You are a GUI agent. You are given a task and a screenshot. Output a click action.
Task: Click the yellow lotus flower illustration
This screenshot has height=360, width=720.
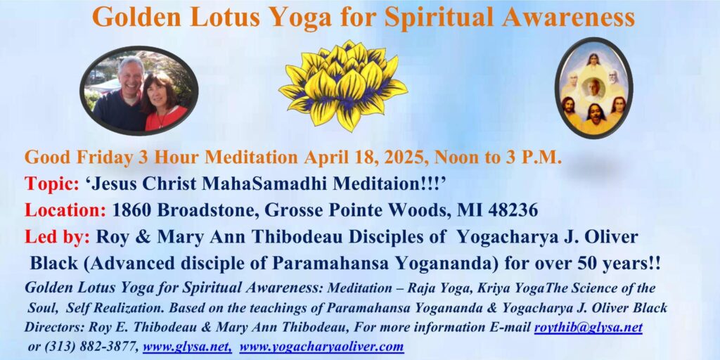pyautogui.click(x=343, y=84)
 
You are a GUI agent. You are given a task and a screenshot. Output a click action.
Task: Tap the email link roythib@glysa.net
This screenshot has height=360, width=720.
pyautogui.click(x=589, y=328)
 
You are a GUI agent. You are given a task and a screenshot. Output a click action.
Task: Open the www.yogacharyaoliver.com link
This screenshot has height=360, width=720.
pyautogui.click(x=321, y=346)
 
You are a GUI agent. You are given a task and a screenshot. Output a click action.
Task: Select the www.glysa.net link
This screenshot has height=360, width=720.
pyautogui.click(x=187, y=346)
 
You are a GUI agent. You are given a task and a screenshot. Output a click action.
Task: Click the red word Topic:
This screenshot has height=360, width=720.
pyautogui.click(x=52, y=184)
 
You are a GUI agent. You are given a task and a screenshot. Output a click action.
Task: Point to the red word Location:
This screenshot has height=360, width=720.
pyautogui.click(x=65, y=210)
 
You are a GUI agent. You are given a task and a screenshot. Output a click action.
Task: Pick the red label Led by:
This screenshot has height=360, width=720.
pyautogui.click(x=57, y=238)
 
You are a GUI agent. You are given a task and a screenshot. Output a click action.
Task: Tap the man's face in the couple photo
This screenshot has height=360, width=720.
pyautogui.click(x=131, y=75)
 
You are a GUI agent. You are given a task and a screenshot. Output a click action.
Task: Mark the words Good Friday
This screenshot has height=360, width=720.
pyautogui.click(x=78, y=157)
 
